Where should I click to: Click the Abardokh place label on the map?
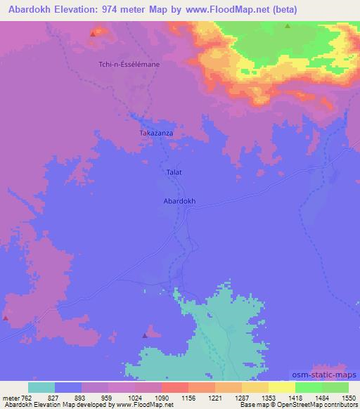(x=179, y=200)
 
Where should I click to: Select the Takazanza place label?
(x=155, y=132)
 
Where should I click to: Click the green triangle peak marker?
(x=288, y=26)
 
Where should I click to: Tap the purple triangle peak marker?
(x=146, y=335)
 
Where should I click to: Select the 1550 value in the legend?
(x=340, y=398)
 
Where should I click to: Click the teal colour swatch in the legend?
(x=41, y=387)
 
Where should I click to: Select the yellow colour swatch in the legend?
(x=281, y=387)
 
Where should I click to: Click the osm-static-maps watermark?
(x=324, y=376)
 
